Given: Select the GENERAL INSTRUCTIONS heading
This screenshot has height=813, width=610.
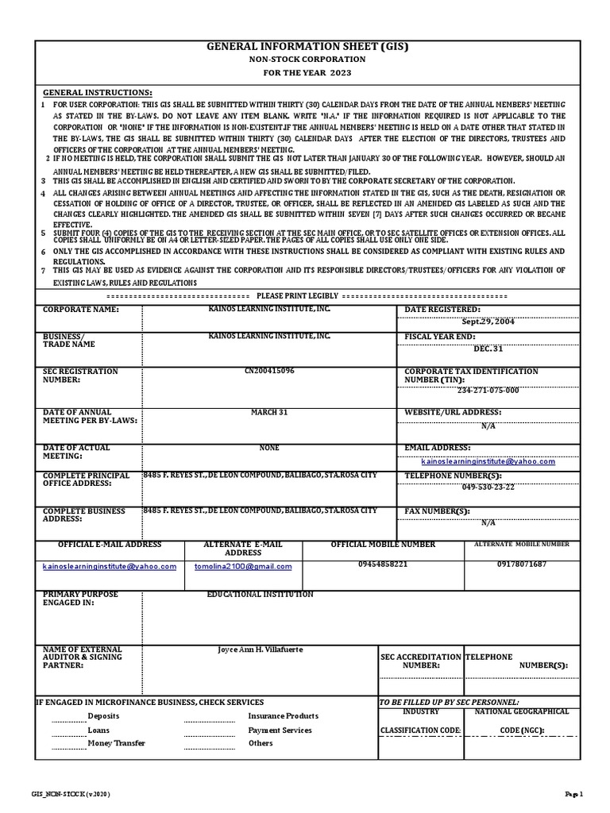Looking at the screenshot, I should (x=97, y=92).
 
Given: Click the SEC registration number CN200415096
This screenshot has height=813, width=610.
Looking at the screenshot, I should (x=269, y=371).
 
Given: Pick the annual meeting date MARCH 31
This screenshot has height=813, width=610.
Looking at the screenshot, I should (x=269, y=412).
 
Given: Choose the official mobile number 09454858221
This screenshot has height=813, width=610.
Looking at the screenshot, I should (x=383, y=564).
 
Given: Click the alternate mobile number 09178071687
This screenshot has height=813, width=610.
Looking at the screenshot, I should (x=521, y=564).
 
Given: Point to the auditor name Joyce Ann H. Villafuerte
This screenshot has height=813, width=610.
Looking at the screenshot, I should (x=261, y=649).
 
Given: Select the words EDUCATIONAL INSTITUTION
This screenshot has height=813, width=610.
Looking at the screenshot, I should (x=261, y=595).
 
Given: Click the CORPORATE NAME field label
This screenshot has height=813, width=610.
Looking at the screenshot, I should (x=80, y=309).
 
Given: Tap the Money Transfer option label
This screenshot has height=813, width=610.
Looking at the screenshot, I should (x=117, y=743).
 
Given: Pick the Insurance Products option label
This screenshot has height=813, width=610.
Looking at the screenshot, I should (x=283, y=716).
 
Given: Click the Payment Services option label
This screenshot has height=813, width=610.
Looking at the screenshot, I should (x=280, y=730).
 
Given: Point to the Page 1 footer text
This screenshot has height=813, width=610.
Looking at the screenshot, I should (x=573, y=794).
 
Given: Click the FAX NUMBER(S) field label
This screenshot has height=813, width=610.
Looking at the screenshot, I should (x=437, y=511).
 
